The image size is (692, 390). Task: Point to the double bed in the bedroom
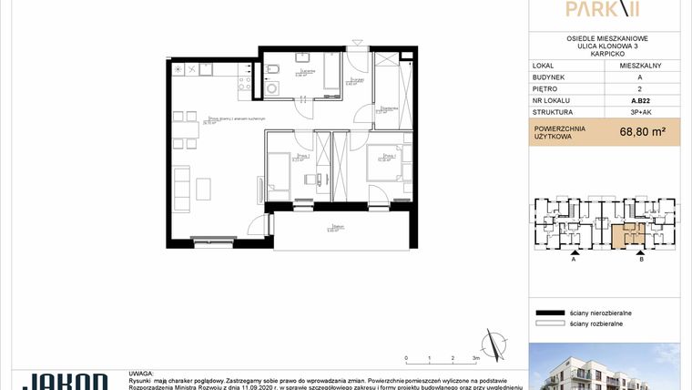pos(384,169)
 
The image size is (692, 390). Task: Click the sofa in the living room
pos(182,187)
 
